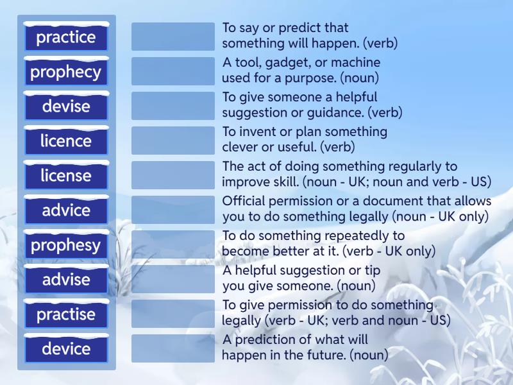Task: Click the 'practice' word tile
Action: (x=66, y=37)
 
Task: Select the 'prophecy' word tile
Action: (x=66, y=72)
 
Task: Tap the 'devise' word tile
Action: (x=66, y=107)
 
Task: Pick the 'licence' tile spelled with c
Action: (x=66, y=141)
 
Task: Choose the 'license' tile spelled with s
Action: (x=66, y=176)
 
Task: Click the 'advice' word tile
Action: (x=66, y=210)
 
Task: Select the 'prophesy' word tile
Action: (x=66, y=245)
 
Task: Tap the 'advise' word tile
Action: (x=66, y=280)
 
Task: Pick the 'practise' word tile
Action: (x=66, y=314)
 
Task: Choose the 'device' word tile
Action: (x=66, y=349)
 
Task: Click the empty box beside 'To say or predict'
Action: (x=173, y=37)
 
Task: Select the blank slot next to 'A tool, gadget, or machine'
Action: (x=173, y=71)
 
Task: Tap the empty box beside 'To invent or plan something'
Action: (x=173, y=141)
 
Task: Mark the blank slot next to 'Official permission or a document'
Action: (x=173, y=210)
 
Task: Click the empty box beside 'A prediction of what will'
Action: (x=173, y=348)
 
